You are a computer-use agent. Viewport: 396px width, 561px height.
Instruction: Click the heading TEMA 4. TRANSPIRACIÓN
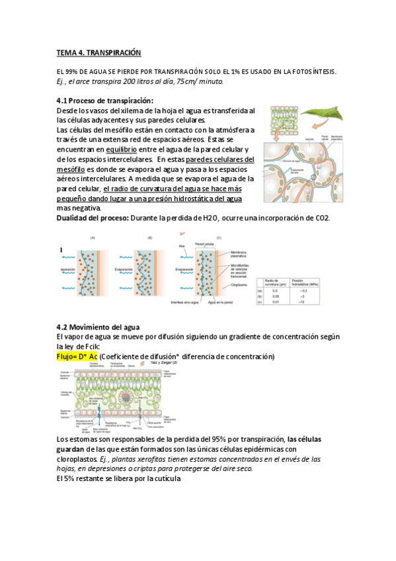click(x=99, y=53)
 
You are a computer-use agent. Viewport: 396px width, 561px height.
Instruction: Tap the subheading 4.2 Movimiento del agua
click(x=107, y=327)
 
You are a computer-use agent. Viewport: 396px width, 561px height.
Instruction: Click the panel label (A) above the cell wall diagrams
click(x=92, y=237)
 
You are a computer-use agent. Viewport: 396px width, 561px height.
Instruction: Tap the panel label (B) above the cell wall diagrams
click(x=150, y=237)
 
